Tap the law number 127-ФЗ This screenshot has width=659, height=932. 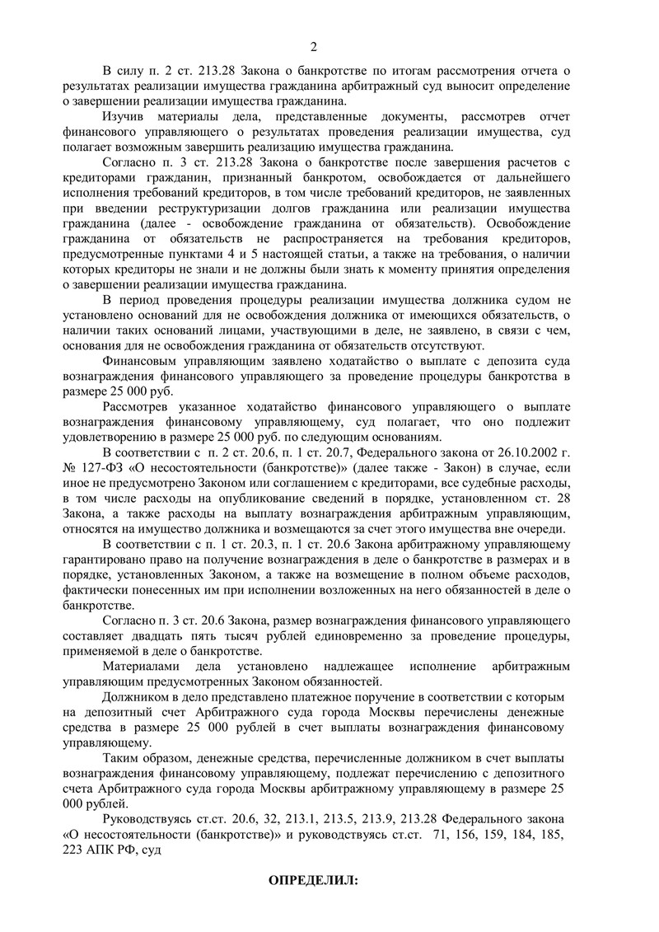(x=102, y=468)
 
